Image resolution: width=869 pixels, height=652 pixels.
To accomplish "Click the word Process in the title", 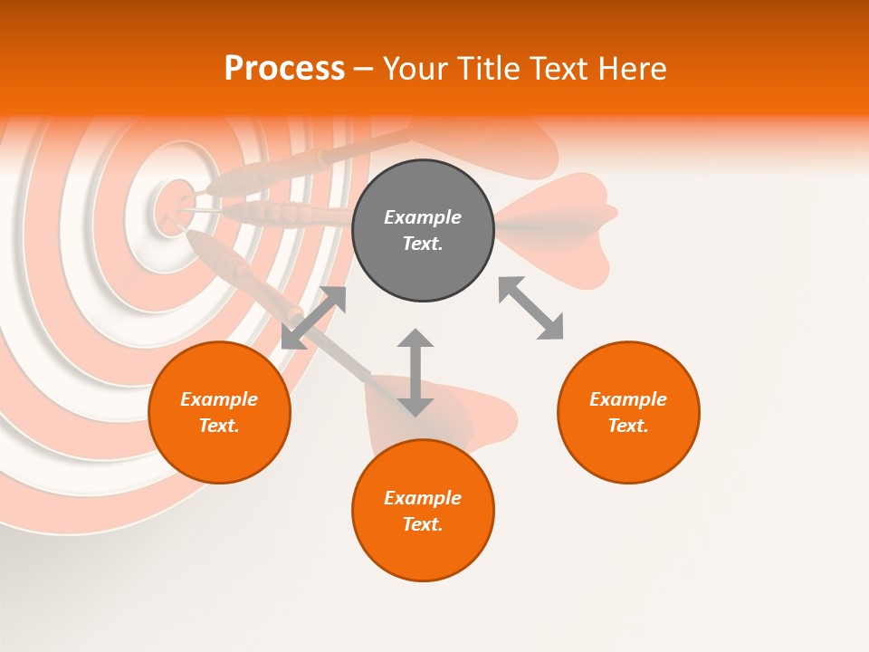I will tap(284, 69).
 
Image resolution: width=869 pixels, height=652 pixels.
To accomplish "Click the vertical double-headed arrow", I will tap(415, 372).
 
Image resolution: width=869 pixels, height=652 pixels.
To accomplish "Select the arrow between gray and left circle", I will tap(314, 317).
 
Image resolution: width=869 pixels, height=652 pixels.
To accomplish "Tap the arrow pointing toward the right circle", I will tap(531, 308).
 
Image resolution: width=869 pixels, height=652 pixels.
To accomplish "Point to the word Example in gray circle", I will tap(423, 217).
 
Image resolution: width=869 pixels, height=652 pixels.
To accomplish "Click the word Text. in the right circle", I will tap(628, 426).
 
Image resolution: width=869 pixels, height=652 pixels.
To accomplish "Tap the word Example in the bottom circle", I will tap(423, 498).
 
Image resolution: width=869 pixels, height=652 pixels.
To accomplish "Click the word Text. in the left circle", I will tap(219, 426).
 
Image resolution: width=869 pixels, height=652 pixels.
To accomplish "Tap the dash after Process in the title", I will tap(364, 69).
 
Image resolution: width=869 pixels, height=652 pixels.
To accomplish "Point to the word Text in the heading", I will tap(557, 69).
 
